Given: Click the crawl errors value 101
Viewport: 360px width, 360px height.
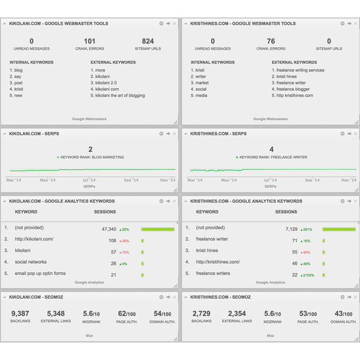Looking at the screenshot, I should (89, 41).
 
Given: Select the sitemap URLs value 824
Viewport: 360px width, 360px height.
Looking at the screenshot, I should (148, 41).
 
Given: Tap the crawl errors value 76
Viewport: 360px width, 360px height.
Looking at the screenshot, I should (271, 41).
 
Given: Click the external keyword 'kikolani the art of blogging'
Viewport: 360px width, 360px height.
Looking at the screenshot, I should (120, 96).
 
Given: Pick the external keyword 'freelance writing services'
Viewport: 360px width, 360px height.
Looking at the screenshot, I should (300, 70).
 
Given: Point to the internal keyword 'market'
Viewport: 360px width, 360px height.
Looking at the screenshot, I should (202, 83).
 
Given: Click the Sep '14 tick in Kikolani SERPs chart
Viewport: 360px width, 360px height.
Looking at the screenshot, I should (131, 180).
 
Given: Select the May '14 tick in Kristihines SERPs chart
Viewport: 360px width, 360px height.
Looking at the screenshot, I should (228, 180).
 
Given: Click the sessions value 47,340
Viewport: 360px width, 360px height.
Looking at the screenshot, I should (109, 229).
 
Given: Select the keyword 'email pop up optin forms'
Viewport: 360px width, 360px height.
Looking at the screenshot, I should (40, 274).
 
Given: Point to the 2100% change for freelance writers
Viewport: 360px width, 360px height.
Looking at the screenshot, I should (307, 274).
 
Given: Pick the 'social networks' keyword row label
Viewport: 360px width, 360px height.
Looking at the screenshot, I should (31, 263).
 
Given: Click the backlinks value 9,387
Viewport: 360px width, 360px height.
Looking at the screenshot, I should (20, 314).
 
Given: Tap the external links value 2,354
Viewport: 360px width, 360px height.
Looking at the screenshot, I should (236, 314).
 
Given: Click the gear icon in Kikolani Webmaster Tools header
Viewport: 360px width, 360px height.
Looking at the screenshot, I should (161, 24).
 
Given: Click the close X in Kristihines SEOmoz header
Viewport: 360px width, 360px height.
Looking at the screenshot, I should (356, 297).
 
